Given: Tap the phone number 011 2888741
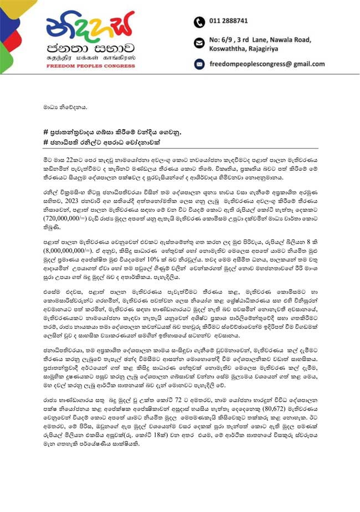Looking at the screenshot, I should [x=229, y=21].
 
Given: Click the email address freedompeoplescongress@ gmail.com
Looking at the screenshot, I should [x=266, y=64].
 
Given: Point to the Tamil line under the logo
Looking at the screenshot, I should [x=90, y=57].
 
